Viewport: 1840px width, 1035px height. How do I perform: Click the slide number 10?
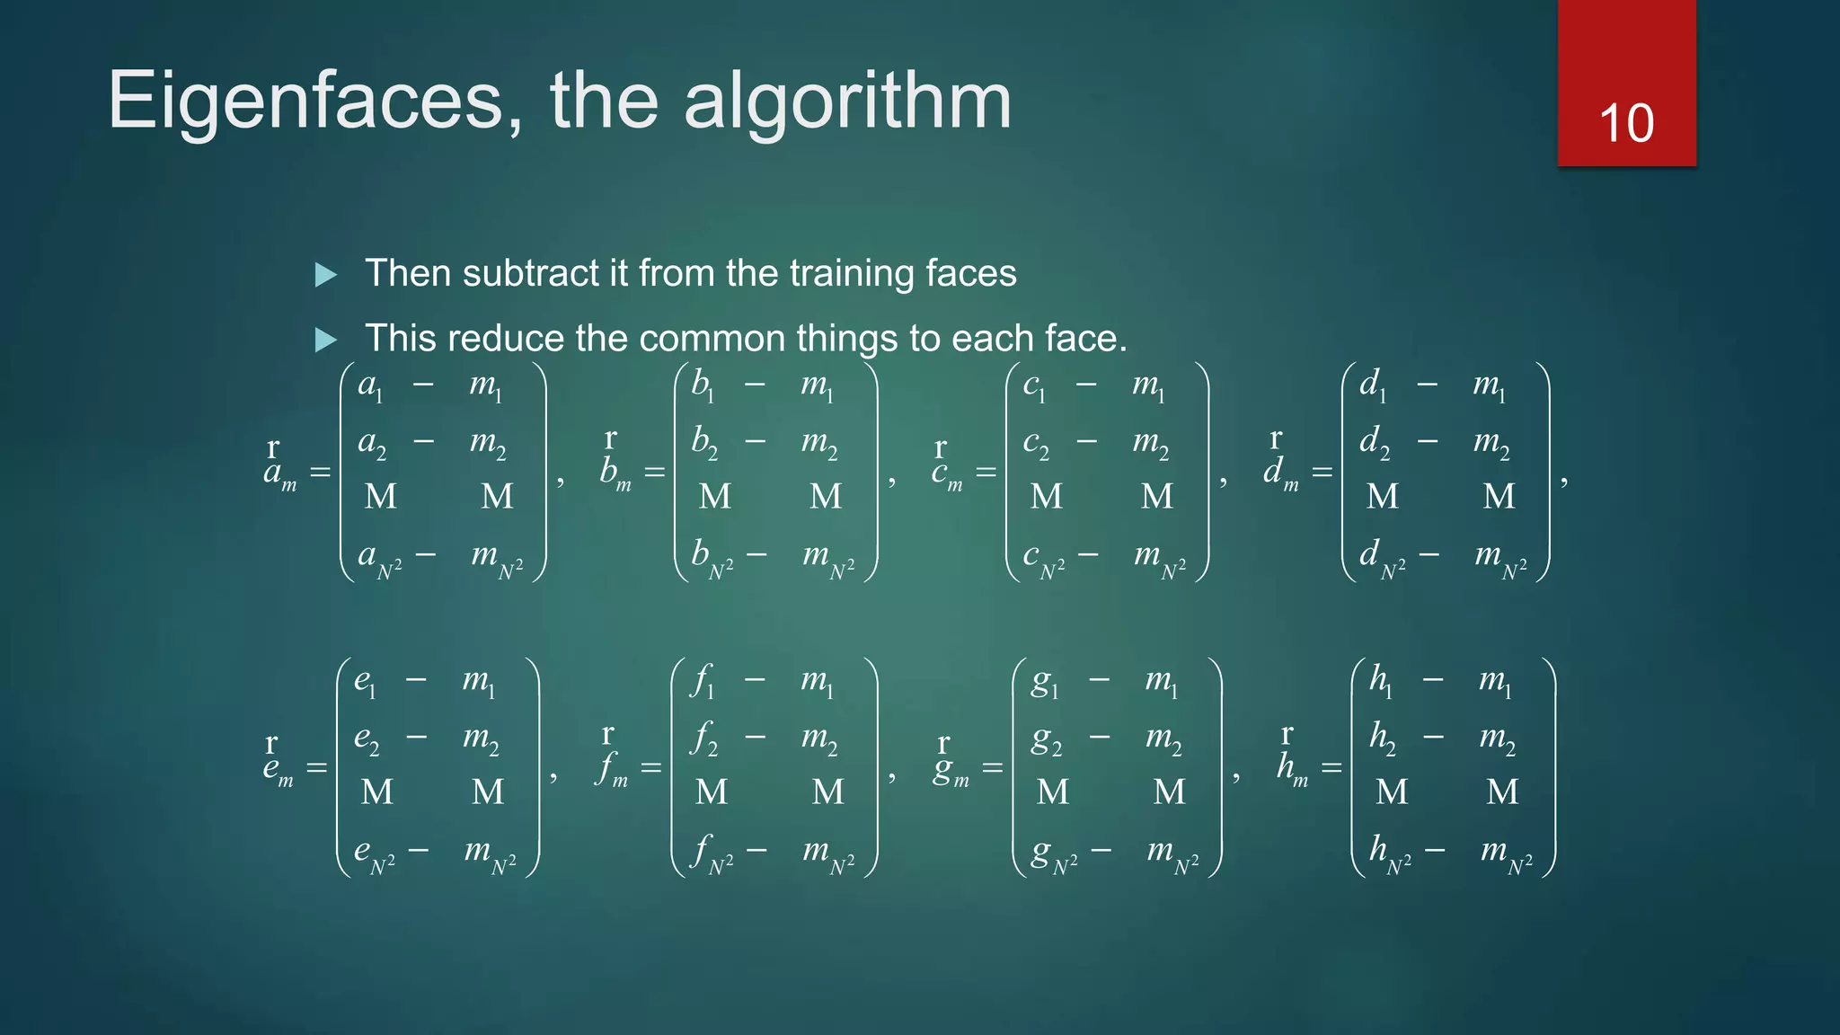(x=1626, y=123)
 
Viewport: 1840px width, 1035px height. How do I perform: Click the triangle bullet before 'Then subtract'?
(x=326, y=275)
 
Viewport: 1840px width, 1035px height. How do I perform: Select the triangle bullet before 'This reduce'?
(x=326, y=340)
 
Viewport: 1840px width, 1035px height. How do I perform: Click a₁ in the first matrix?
(x=369, y=386)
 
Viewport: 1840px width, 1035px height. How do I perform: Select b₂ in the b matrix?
(x=703, y=442)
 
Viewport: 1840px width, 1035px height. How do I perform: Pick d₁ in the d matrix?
(x=1372, y=386)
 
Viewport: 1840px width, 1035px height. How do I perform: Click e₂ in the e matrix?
(x=366, y=739)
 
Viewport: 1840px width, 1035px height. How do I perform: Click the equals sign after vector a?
(x=320, y=473)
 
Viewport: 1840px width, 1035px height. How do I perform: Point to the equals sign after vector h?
(x=1331, y=768)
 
